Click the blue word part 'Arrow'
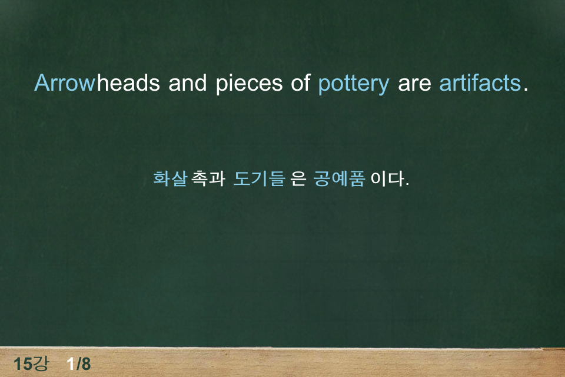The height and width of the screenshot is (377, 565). point(65,82)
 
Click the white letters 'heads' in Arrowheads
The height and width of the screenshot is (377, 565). point(128,82)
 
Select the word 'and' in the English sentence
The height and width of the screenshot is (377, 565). point(188,82)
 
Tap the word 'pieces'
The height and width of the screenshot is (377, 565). point(249,84)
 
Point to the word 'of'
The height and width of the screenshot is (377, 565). point(301,82)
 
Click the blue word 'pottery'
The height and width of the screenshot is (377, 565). point(354,84)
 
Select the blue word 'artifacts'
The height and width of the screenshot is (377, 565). point(480,82)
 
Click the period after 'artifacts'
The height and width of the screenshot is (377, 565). point(526,90)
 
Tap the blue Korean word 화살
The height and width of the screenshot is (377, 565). point(171,178)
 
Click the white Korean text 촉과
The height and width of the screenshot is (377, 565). point(208,178)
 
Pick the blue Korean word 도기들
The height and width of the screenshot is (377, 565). point(259,178)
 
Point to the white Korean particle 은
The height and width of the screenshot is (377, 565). point(298,178)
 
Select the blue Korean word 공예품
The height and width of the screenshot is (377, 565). point(339,178)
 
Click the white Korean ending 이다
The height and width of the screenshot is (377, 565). point(388,178)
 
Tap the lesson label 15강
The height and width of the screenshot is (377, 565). point(31,363)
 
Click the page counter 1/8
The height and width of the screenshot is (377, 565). point(78,364)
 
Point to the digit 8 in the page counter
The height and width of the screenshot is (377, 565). point(86,364)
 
